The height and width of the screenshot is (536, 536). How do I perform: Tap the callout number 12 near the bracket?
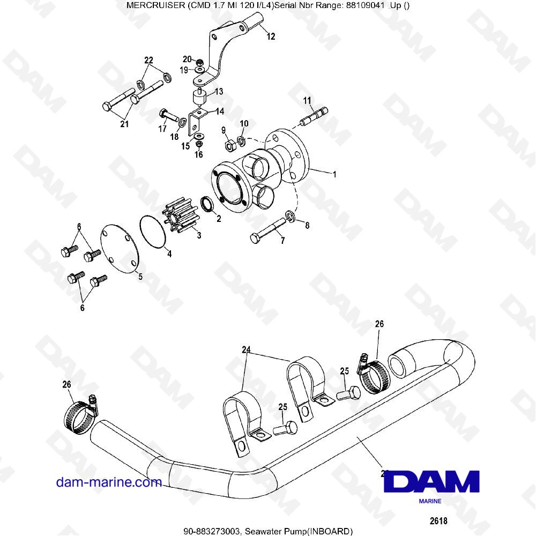click(x=271, y=36)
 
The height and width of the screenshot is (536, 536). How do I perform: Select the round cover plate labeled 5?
click(x=120, y=249)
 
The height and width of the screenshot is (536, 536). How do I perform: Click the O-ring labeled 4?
click(x=152, y=232)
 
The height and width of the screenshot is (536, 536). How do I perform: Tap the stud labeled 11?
click(x=314, y=116)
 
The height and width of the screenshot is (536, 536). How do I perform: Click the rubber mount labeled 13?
click(x=199, y=98)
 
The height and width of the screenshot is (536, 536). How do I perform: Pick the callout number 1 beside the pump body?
click(x=334, y=174)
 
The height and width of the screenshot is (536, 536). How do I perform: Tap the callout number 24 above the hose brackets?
click(x=246, y=349)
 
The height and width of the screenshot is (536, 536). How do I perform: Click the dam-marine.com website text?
click(x=109, y=482)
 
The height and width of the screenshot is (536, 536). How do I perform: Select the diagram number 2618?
click(x=438, y=520)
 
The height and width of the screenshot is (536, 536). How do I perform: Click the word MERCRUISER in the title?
click(x=156, y=5)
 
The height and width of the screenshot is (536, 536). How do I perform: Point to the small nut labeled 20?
click(x=200, y=63)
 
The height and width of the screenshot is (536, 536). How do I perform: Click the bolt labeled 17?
click(x=169, y=115)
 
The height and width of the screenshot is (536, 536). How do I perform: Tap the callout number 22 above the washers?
click(x=148, y=61)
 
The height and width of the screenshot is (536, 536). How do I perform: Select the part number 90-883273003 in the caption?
click(x=211, y=531)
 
